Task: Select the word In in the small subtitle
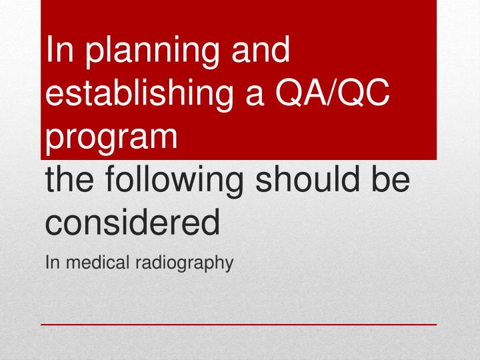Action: (x=51, y=263)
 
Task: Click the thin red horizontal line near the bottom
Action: (x=239, y=325)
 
